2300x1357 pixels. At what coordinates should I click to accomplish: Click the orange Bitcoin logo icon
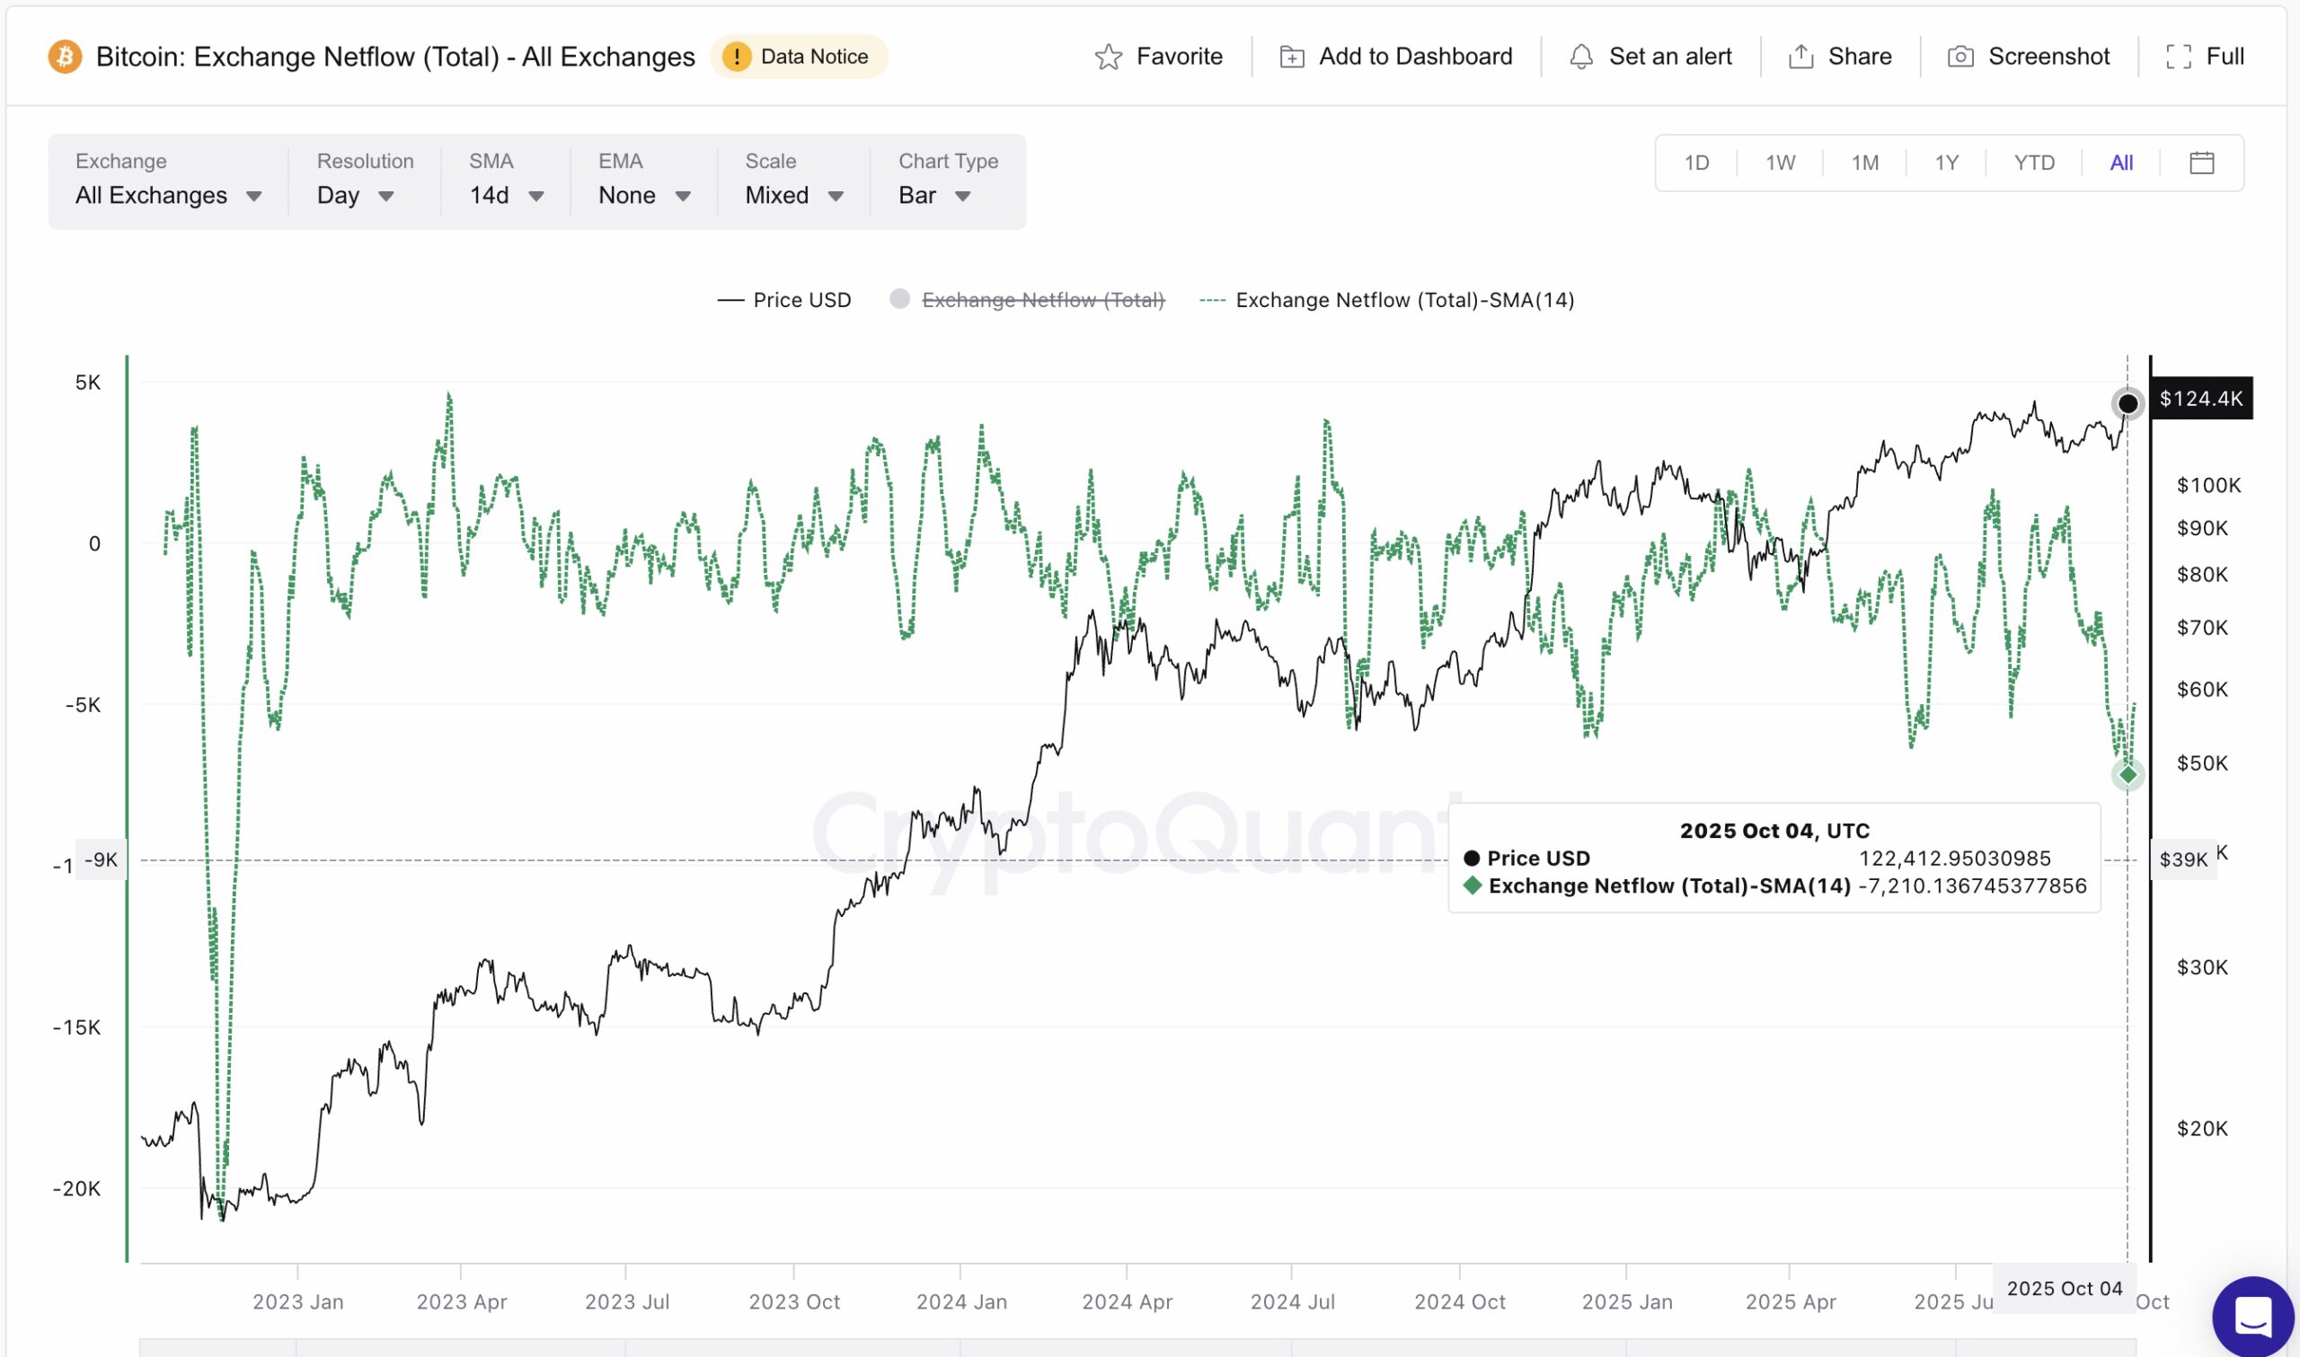pos(65,57)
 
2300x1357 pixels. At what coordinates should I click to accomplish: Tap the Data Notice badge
pos(799,57)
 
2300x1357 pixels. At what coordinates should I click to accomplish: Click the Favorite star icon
pos(1109,57)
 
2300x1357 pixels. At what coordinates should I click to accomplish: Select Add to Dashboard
pos(1395,57)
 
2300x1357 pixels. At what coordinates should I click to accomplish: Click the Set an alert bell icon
pos(1581,57)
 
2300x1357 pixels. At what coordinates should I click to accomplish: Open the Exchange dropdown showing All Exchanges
pos(168,195)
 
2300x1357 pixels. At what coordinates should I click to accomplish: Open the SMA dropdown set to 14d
pos(507,195)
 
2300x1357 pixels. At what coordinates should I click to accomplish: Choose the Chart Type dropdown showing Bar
pos(933,195)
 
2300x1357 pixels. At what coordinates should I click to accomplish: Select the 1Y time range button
pos(1946,163)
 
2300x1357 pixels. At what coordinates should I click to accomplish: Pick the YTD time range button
pos(2034,163)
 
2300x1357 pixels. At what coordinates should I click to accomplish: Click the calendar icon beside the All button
pos(2202,163)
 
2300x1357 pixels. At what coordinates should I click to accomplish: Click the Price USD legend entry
pos(784,300)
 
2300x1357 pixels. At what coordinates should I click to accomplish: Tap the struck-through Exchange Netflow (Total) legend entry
pos(1041,300)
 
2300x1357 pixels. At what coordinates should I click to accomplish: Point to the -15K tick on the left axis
pos(77,1027)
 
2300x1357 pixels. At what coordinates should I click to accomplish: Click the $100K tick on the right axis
pos(2208,486)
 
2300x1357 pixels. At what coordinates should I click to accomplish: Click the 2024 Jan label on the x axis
pos(961,1301)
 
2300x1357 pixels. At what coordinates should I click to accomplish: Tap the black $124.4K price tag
pos(2200,399)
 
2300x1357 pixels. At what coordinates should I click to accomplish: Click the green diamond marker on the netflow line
pos(2128,775)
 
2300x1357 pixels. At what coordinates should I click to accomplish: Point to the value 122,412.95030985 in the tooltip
pos(1954,859)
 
